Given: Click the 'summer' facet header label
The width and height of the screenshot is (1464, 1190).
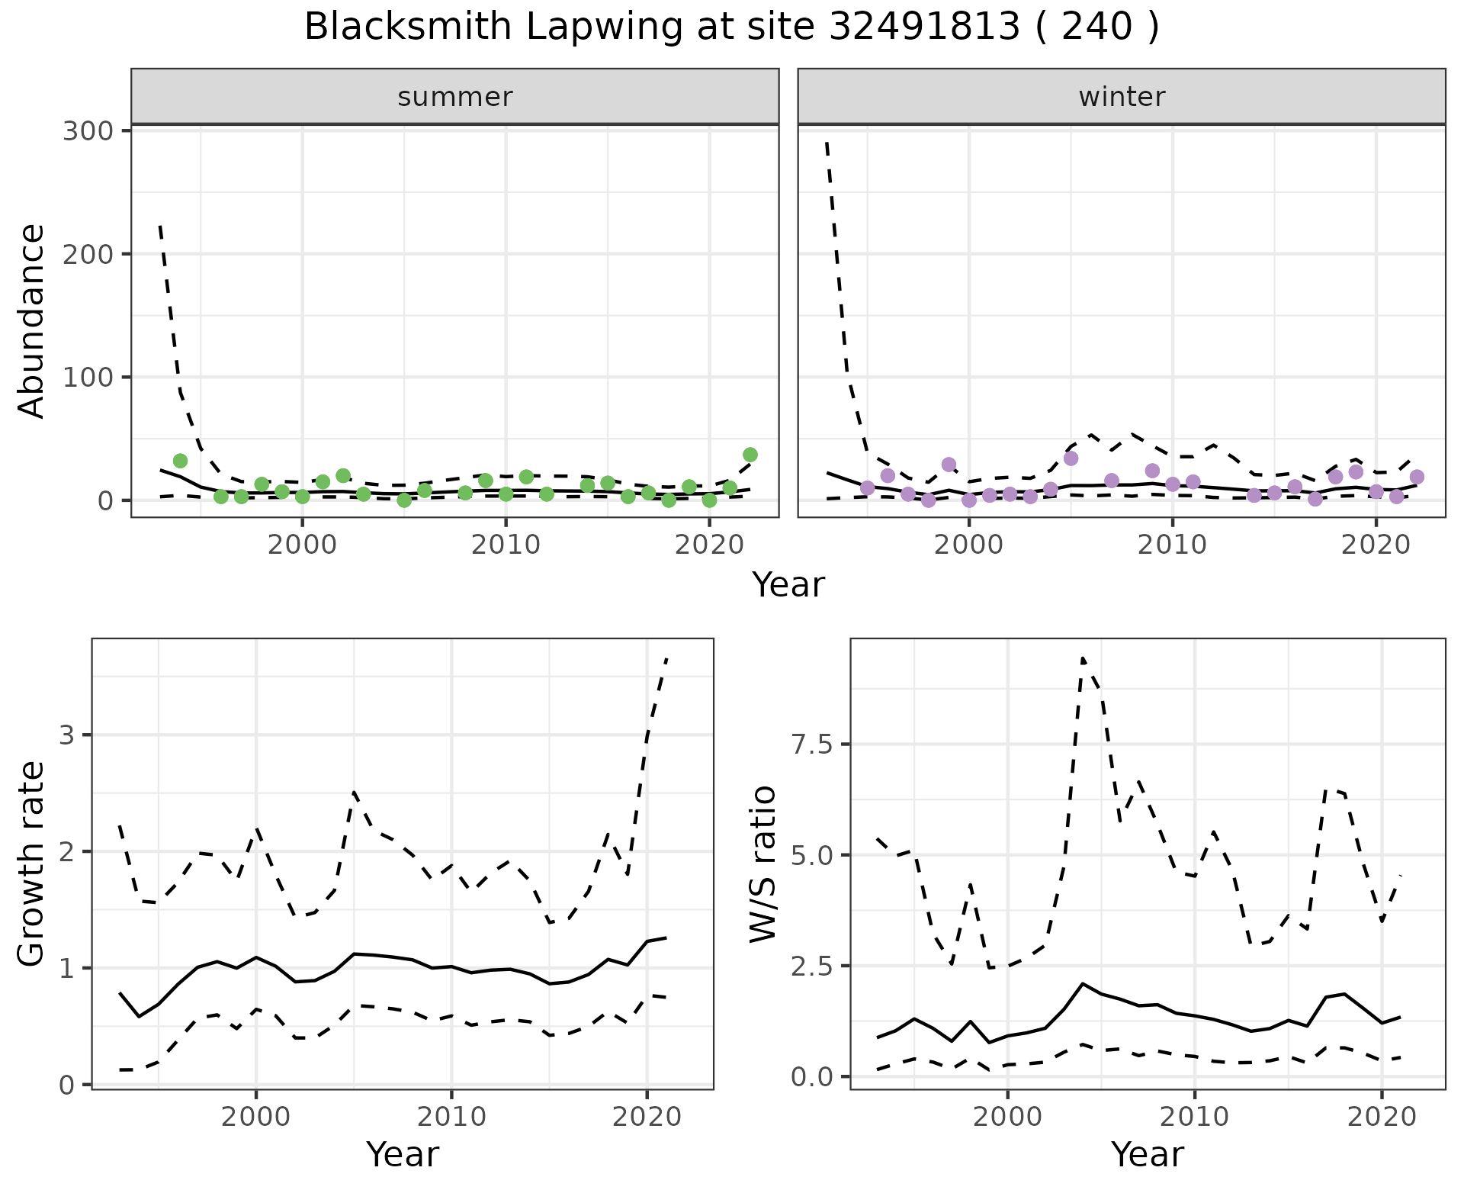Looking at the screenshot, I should [x=455, y=97].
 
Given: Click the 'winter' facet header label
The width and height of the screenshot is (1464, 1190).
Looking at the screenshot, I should [x=1122, y=97].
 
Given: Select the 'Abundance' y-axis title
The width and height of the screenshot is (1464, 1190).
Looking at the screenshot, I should [x=32, y=320].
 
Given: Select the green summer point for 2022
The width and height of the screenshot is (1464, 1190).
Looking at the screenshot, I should [x=750, y=455].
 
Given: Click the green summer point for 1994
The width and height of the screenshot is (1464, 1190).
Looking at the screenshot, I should [x=181, y=461].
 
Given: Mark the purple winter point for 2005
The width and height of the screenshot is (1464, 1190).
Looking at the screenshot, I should [x=1071, y=458].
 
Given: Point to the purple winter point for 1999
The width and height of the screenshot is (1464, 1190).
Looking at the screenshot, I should [x=949, y=465].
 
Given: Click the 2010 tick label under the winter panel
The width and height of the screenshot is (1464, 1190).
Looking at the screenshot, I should [x=1173, y=545].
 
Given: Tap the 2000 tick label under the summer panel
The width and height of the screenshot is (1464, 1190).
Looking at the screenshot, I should [x=302, y=545].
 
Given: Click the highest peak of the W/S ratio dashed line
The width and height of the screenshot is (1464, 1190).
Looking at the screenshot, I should [x=1083, y=658].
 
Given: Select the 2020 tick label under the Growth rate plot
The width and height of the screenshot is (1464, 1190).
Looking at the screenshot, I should [x=647, y=1118].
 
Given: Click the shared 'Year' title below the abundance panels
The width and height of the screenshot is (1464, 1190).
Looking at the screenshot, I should [x=788, y=585].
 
